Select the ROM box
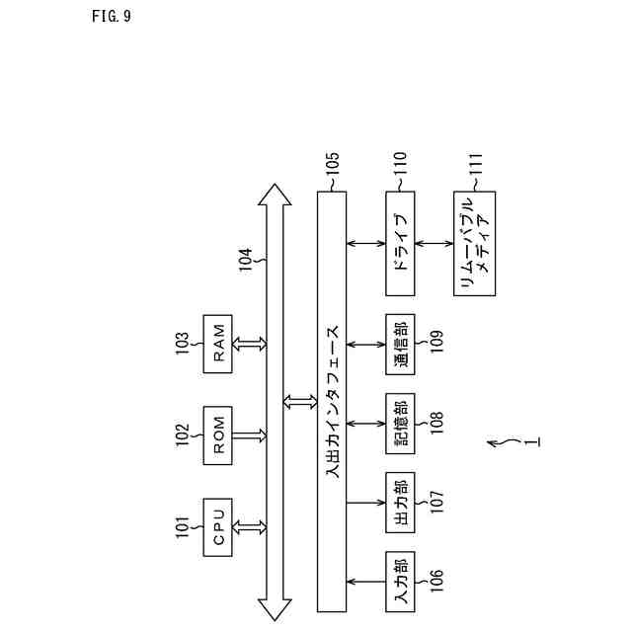coord(219,434)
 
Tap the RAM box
coord(219,343)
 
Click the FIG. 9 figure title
coord(110,16)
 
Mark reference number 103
coord(183,343)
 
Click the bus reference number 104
coord(246,260)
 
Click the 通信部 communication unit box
coord(400,344)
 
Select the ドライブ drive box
coord(400,243)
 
